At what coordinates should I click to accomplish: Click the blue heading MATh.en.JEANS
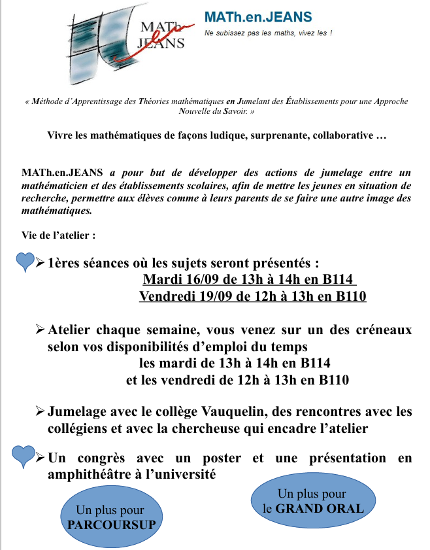click(x=258, y=17)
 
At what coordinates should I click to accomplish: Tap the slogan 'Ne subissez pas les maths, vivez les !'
click(x=268, y=33)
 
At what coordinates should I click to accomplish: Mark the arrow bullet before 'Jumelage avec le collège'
click(x=41, y=412)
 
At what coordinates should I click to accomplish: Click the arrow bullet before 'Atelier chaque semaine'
click(x=41, y=330)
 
